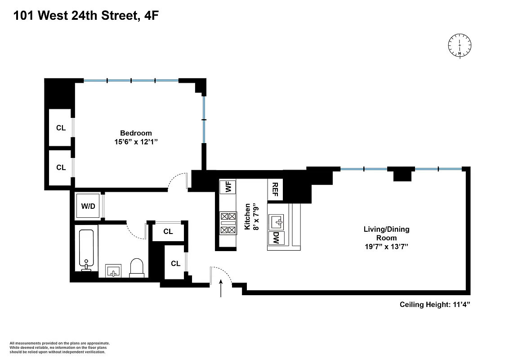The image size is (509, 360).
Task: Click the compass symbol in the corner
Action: pos(460,45)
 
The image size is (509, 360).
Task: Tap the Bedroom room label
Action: pos(136,133)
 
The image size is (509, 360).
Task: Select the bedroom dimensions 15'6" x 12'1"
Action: pos(136,142)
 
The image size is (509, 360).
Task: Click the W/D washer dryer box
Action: pos(88,206)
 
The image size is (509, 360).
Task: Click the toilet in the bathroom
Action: pos(136,267)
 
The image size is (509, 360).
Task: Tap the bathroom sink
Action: pos(113,271)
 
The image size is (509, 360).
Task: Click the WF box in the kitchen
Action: pos(228,186)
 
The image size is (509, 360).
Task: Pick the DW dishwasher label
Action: pos(276,239)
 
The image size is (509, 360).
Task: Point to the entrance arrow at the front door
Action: pos(221,288)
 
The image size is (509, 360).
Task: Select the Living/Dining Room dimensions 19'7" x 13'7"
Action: pos(386,247)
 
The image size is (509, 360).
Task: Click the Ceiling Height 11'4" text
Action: pos(435,305)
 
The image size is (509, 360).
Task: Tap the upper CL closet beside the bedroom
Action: pos(61,128)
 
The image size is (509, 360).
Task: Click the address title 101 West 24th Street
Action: pos(85,16)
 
